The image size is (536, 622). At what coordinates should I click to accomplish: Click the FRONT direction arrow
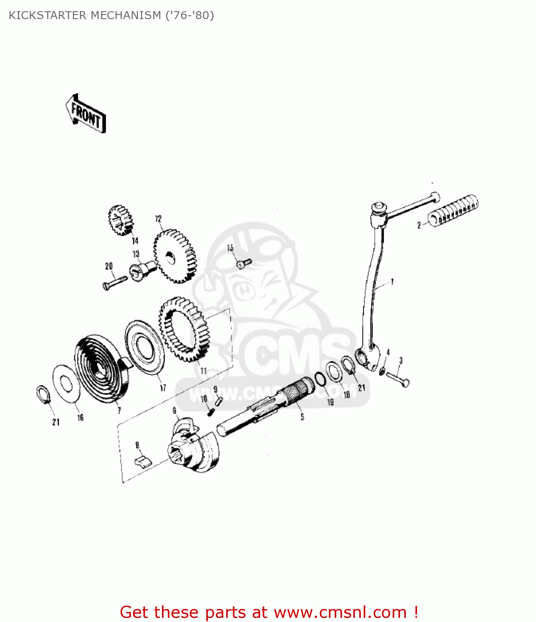pyautogui.click(x=85, y=114)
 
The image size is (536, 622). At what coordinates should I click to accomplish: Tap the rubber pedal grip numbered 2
pyautogui.click(x=453, y=211)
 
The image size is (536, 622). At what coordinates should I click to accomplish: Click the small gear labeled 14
pyautogui.click(x=121, y=220)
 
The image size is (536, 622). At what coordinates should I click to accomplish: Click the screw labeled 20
pyautogui.click(x=115, y=282)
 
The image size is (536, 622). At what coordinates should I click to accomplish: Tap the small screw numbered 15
pyautogui.click(x=244, y=263)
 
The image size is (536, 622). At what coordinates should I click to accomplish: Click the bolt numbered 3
pyautogui.click(x=398, y=379)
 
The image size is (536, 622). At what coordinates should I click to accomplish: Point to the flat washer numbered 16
pyautogui.click(x=65, y=384)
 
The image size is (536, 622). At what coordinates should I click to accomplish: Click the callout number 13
pyautogui.click(x=136, y=254)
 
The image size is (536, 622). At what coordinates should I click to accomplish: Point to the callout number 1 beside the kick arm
pyautogui.click(x=392, y=282)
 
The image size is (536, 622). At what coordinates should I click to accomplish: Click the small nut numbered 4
pyautogui.click(x=382, y=370)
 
